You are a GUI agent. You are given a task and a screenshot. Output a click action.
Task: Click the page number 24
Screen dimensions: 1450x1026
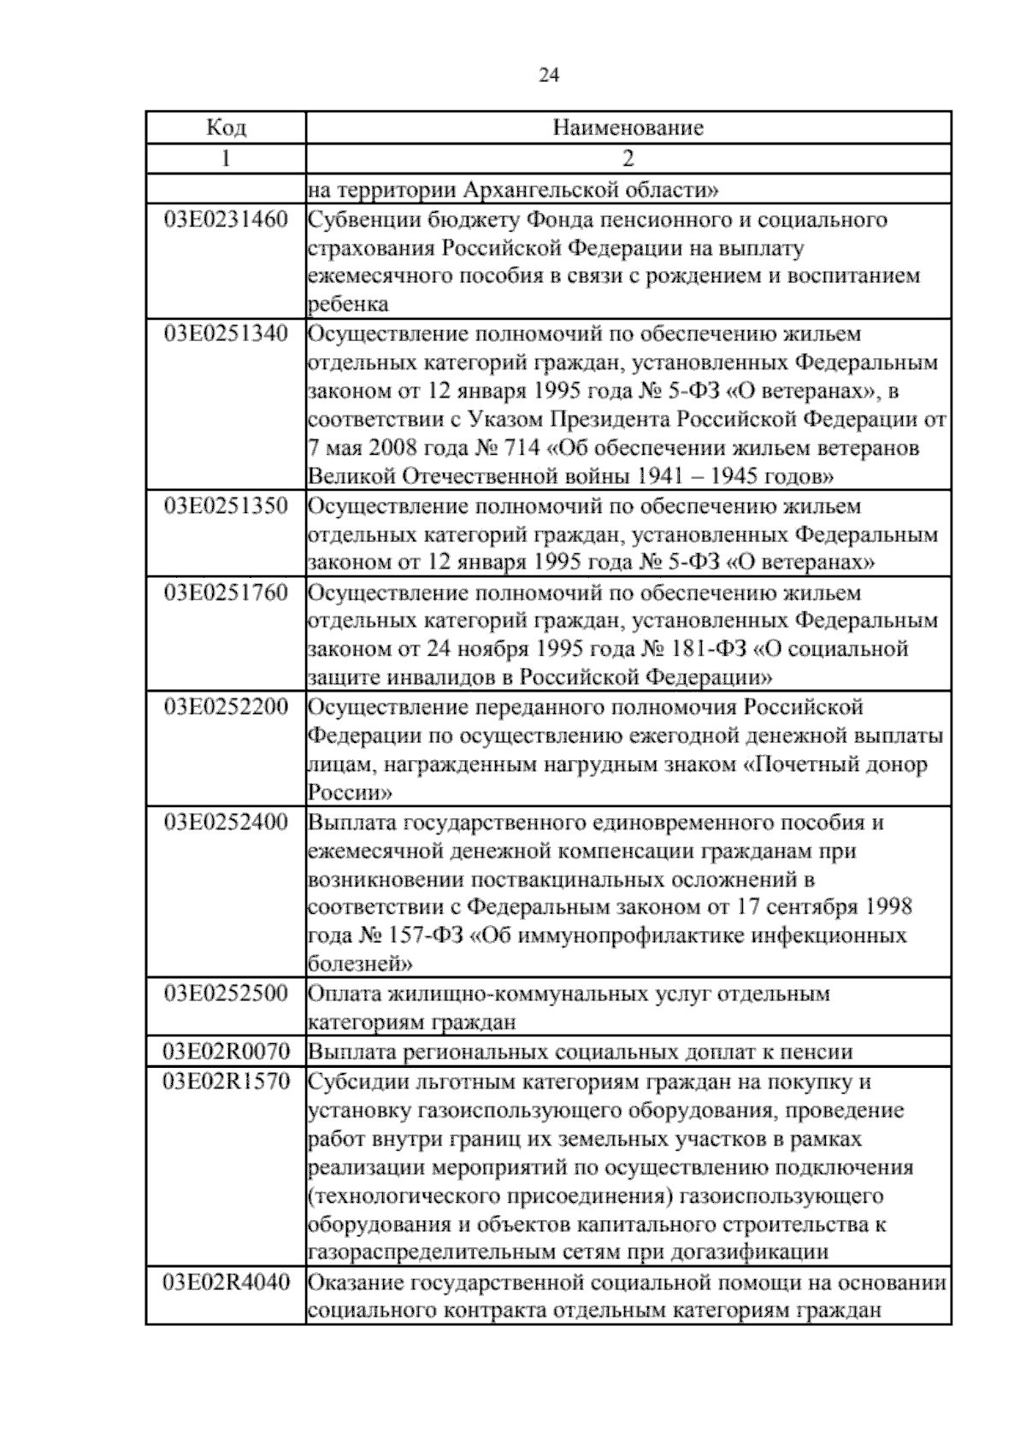pos(549,76)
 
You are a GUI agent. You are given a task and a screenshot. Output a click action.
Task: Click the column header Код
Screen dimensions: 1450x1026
pos(227,128)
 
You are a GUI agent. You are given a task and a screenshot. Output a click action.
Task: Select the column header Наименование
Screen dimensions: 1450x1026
pos(628,128)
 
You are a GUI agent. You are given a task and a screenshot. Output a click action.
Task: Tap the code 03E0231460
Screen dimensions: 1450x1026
pos(227,220)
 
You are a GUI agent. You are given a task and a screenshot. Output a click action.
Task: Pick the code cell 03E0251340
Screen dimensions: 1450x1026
pos(227,334)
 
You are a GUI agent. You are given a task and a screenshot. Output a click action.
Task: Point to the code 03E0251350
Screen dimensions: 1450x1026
pos(227,506)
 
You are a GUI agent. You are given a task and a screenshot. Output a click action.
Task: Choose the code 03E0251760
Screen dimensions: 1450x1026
pos(227,592)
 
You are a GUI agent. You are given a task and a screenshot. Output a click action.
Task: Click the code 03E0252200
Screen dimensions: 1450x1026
pos(227,707)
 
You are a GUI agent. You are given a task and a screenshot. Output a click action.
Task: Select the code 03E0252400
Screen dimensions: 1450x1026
pos(227,822)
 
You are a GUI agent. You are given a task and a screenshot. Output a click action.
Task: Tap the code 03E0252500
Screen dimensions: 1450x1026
pos(227,993)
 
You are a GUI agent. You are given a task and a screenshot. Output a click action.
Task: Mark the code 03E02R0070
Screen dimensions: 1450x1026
pos(227,1052)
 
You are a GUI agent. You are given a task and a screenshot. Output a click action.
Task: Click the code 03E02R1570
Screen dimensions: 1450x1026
pos(227,1082)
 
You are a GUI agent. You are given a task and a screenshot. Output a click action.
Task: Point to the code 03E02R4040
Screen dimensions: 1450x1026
pos(227,1282)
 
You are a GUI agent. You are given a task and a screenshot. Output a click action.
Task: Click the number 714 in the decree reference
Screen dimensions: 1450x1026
pos(522,449)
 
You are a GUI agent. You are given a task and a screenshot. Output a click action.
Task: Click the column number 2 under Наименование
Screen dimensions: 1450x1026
pos(628,159)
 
